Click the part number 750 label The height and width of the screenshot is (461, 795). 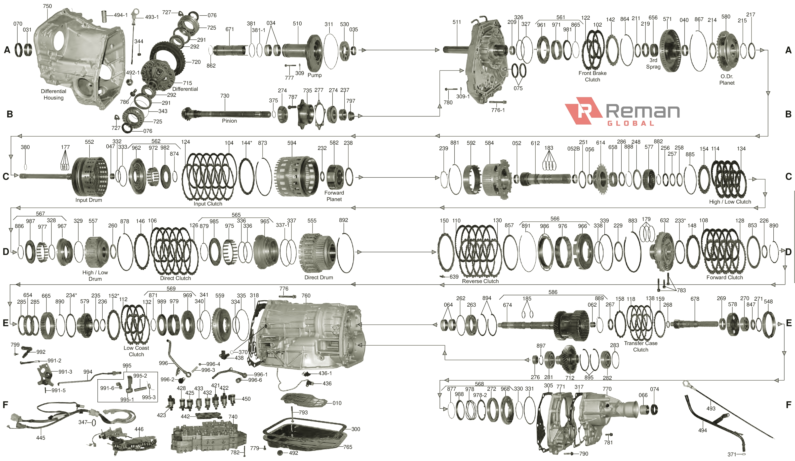pyautogui.click(x=47, y=6)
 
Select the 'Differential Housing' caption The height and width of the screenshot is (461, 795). pyautogui.click(x=53, y=95)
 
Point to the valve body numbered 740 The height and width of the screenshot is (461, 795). pyautogui.click(x=208, y=437)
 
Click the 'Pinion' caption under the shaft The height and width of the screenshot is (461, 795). pyautogui.click(x=229, y=121)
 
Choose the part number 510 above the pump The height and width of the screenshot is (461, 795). pyautogui.click(x=297, y=24)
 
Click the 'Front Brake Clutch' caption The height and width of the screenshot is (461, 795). pyautogui.click(x=593, y=76)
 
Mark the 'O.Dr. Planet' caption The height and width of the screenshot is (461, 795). pyautogui.click(x=726, y=79)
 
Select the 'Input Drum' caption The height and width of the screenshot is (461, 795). pyautogui.click(x=89, y=200)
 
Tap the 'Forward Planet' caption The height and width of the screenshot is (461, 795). pyautogui.click(x=334, y=196)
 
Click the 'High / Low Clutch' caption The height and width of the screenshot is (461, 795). pyautogui.click(x=730, y=202)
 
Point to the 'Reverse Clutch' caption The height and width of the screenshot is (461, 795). pyautogui.click(x=480, y=281)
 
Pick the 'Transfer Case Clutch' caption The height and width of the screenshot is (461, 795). pyautogui.click(x=640, y=346)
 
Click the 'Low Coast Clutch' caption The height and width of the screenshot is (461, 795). pyautogui.click(x=136, y=351)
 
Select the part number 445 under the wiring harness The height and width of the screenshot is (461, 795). pyautogui.click(x=41, y=438)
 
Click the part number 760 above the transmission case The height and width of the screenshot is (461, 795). pyautogui.click(x=306, y=295)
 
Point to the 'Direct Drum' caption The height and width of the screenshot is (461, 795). pyautogui.click(x=319, y=278)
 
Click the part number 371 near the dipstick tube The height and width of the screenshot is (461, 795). pyautogui.click(x=732, y=454)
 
